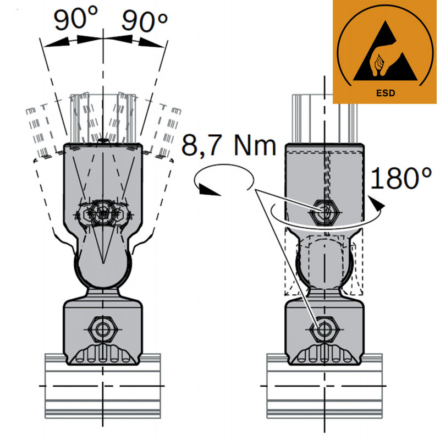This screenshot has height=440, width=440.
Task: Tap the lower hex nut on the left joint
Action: click(101, 329)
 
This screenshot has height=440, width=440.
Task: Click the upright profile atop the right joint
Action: click(324, 118)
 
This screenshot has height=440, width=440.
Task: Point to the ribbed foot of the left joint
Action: click(103, 355)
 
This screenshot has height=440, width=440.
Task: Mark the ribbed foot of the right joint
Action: click(324, 355)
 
